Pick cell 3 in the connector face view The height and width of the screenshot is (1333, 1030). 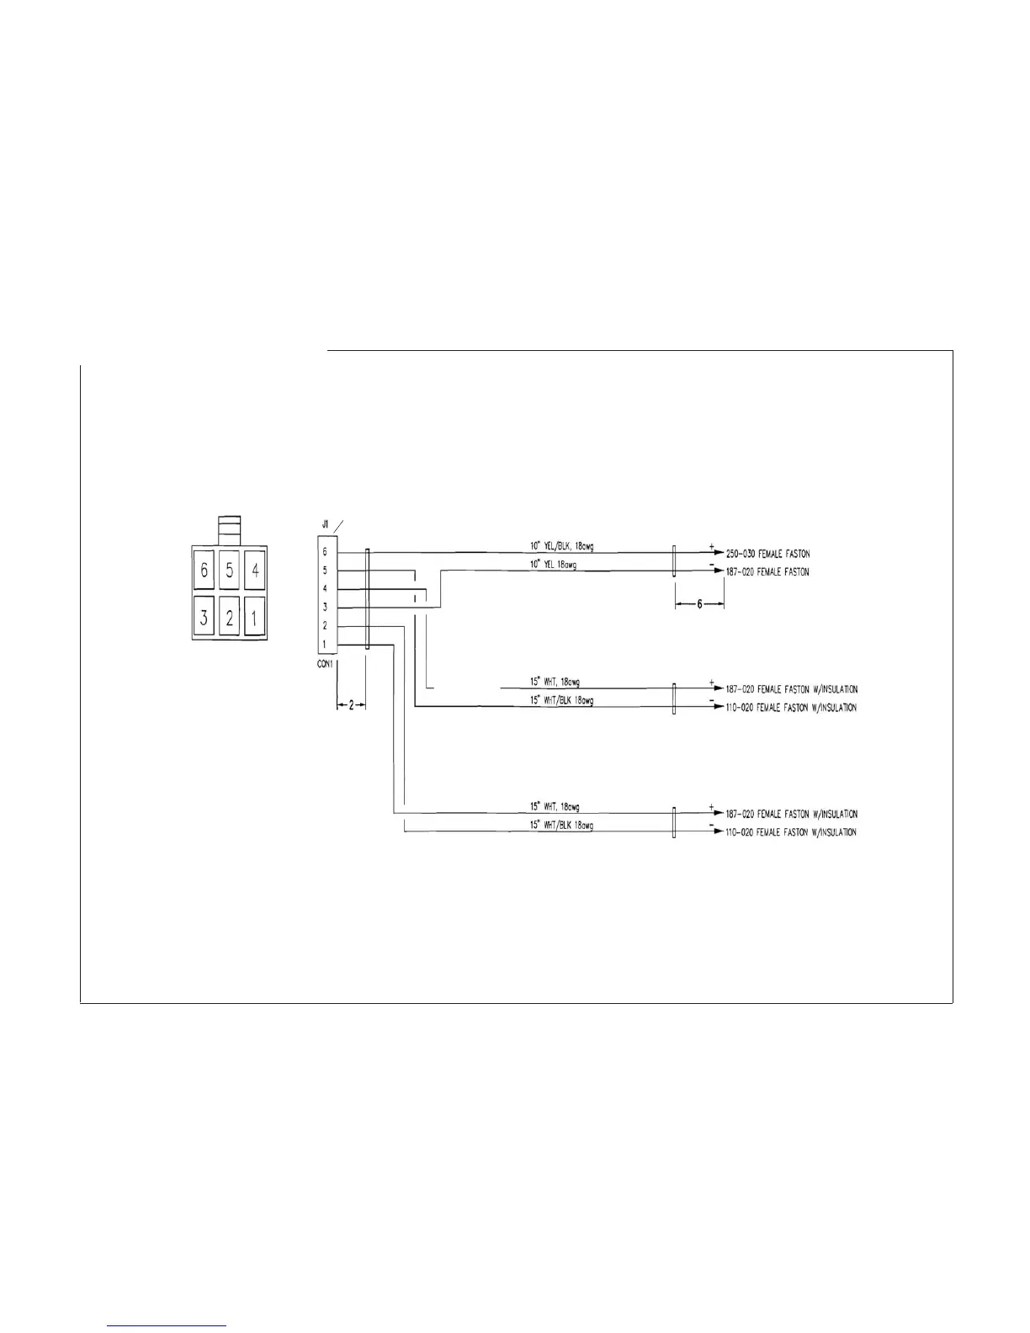[204, 619]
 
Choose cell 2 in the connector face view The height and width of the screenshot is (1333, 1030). [230, 619]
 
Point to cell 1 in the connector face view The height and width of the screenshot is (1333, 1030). [255, 619]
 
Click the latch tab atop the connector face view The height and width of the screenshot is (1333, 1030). [229, 531]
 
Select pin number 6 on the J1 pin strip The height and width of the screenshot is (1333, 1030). [325, 552]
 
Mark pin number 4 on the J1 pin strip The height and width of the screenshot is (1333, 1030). [325, 588]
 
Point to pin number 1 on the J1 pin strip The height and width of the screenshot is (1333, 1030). [325, 645]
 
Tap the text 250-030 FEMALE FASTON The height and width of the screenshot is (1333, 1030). [767, 554]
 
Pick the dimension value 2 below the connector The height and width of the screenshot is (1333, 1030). [351, 706]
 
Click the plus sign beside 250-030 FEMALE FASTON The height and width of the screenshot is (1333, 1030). [711, 547]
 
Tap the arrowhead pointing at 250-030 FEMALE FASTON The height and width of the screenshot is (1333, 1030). [718, 554]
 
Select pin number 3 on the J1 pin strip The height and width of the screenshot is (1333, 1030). [325, 607]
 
